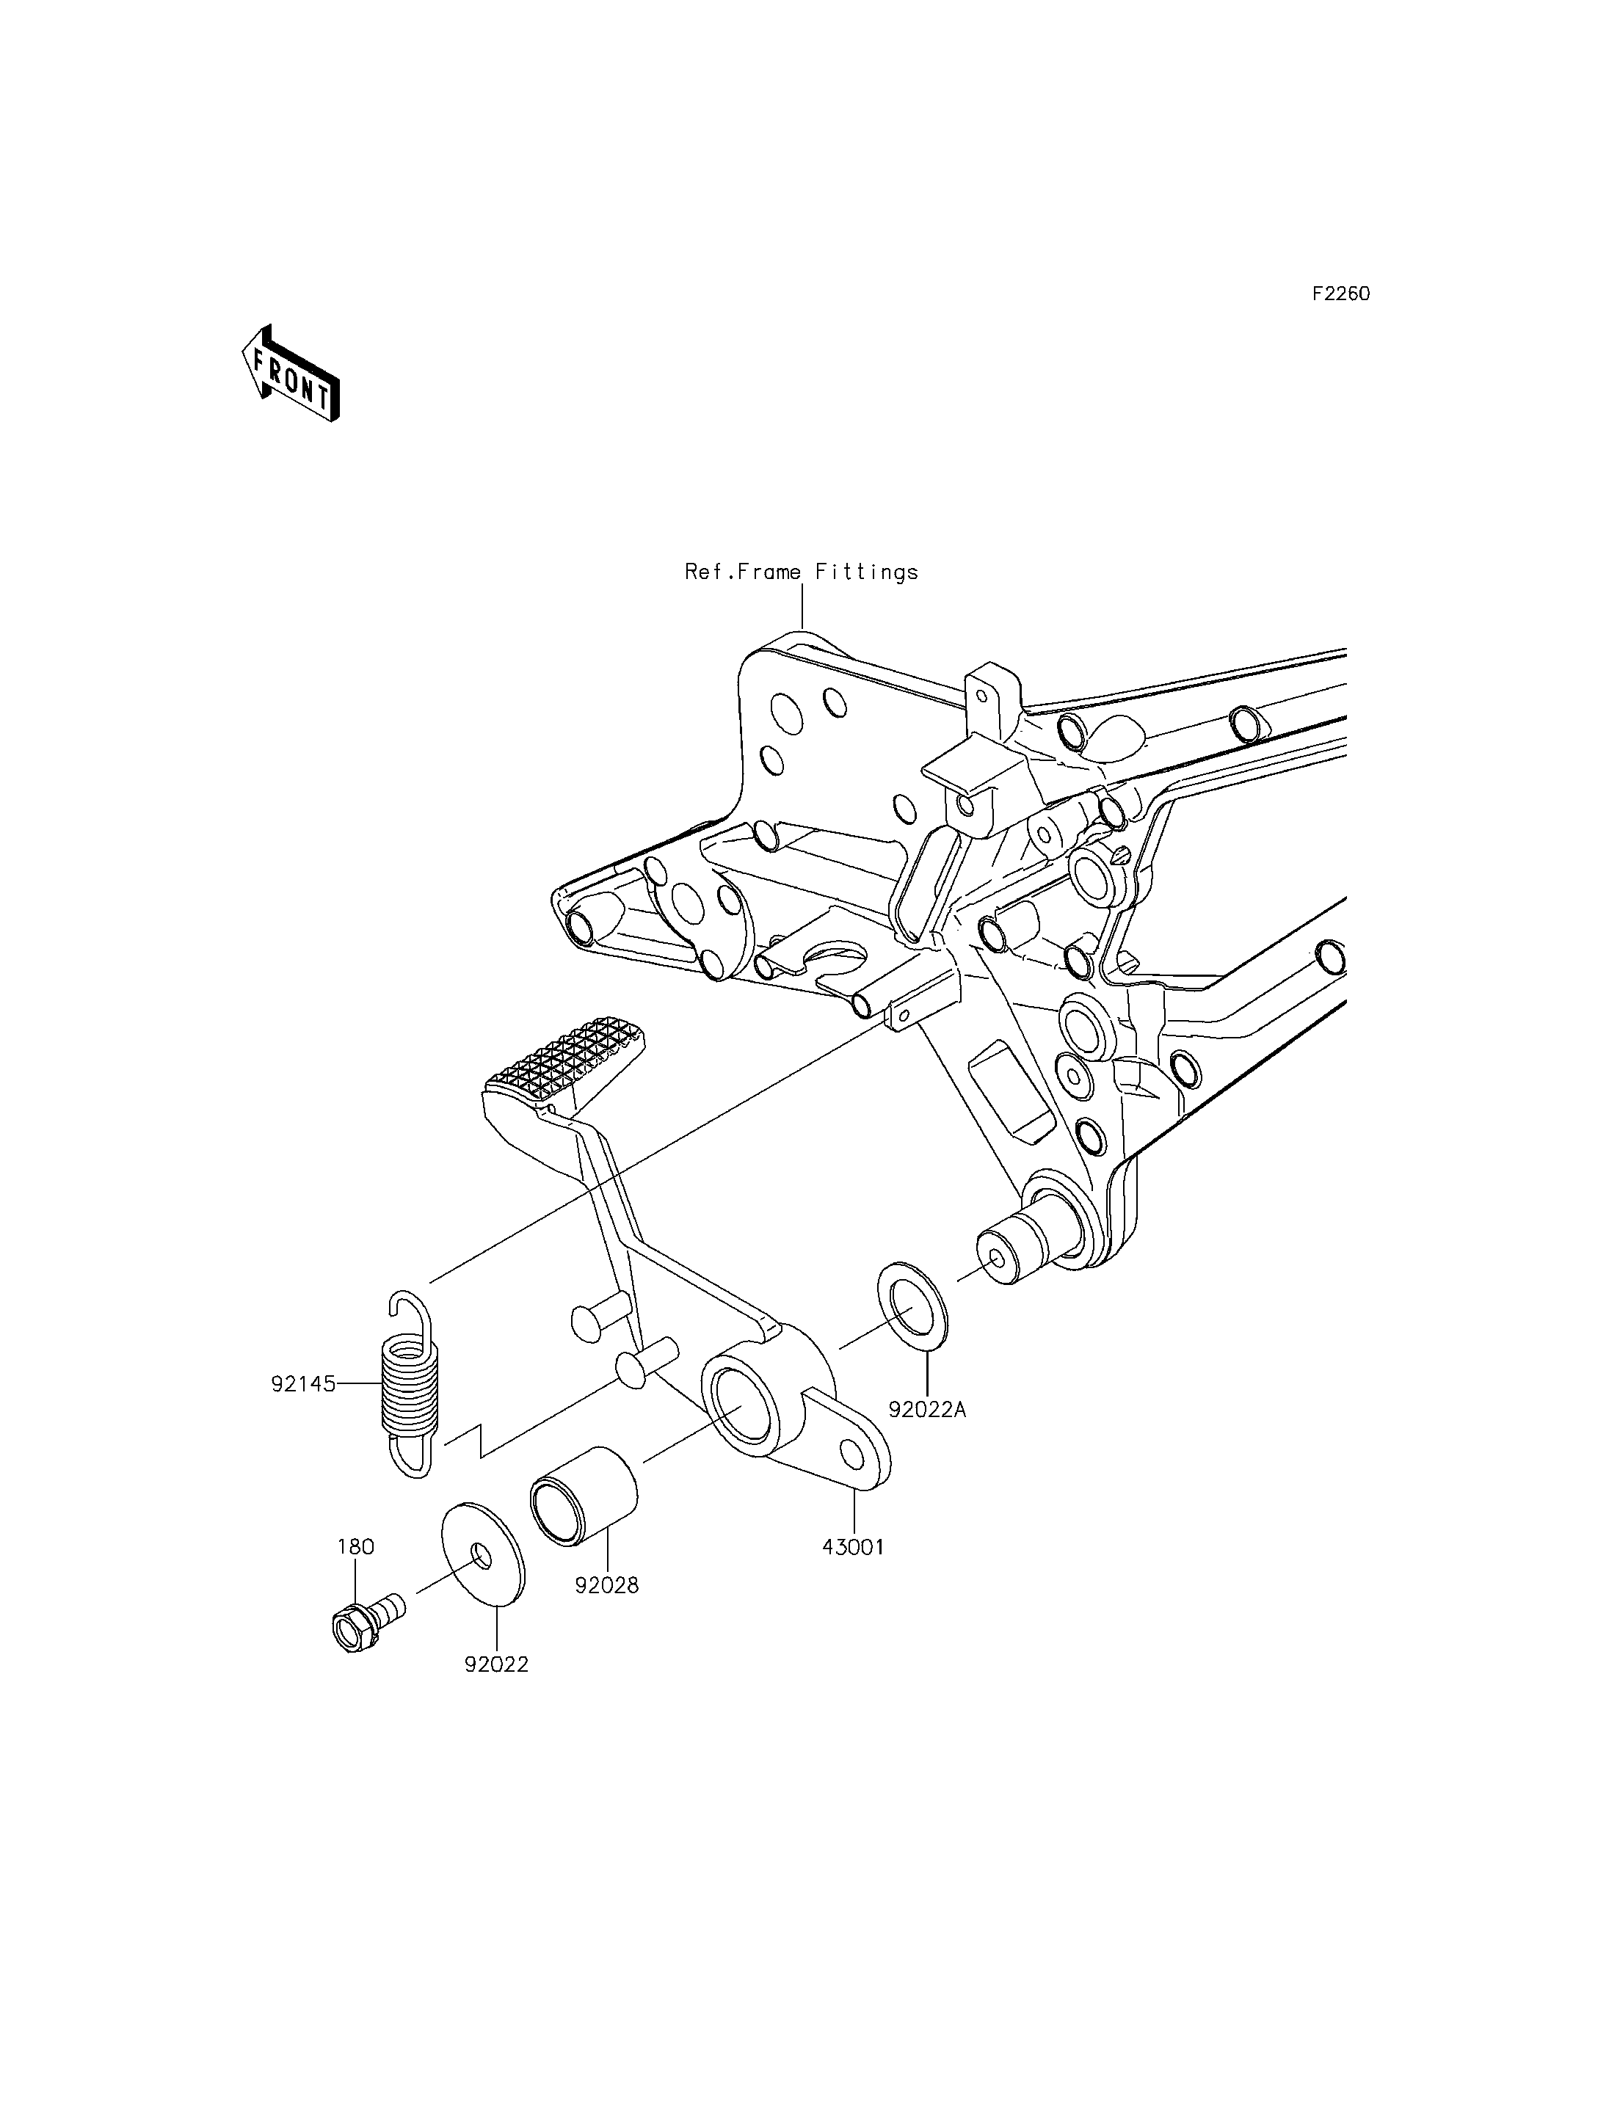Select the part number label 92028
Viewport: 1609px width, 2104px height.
click(606, 1585)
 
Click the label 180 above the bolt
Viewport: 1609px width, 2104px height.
click(355, 1547)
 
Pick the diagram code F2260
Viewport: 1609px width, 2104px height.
click(1341, 294)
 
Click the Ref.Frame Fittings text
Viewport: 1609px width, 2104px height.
click(802, 572)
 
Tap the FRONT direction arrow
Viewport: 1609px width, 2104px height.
click(290, 374)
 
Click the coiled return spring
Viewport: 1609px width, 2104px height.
click(410, 1384)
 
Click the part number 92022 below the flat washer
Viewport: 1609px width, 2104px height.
click(496, 1664)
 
